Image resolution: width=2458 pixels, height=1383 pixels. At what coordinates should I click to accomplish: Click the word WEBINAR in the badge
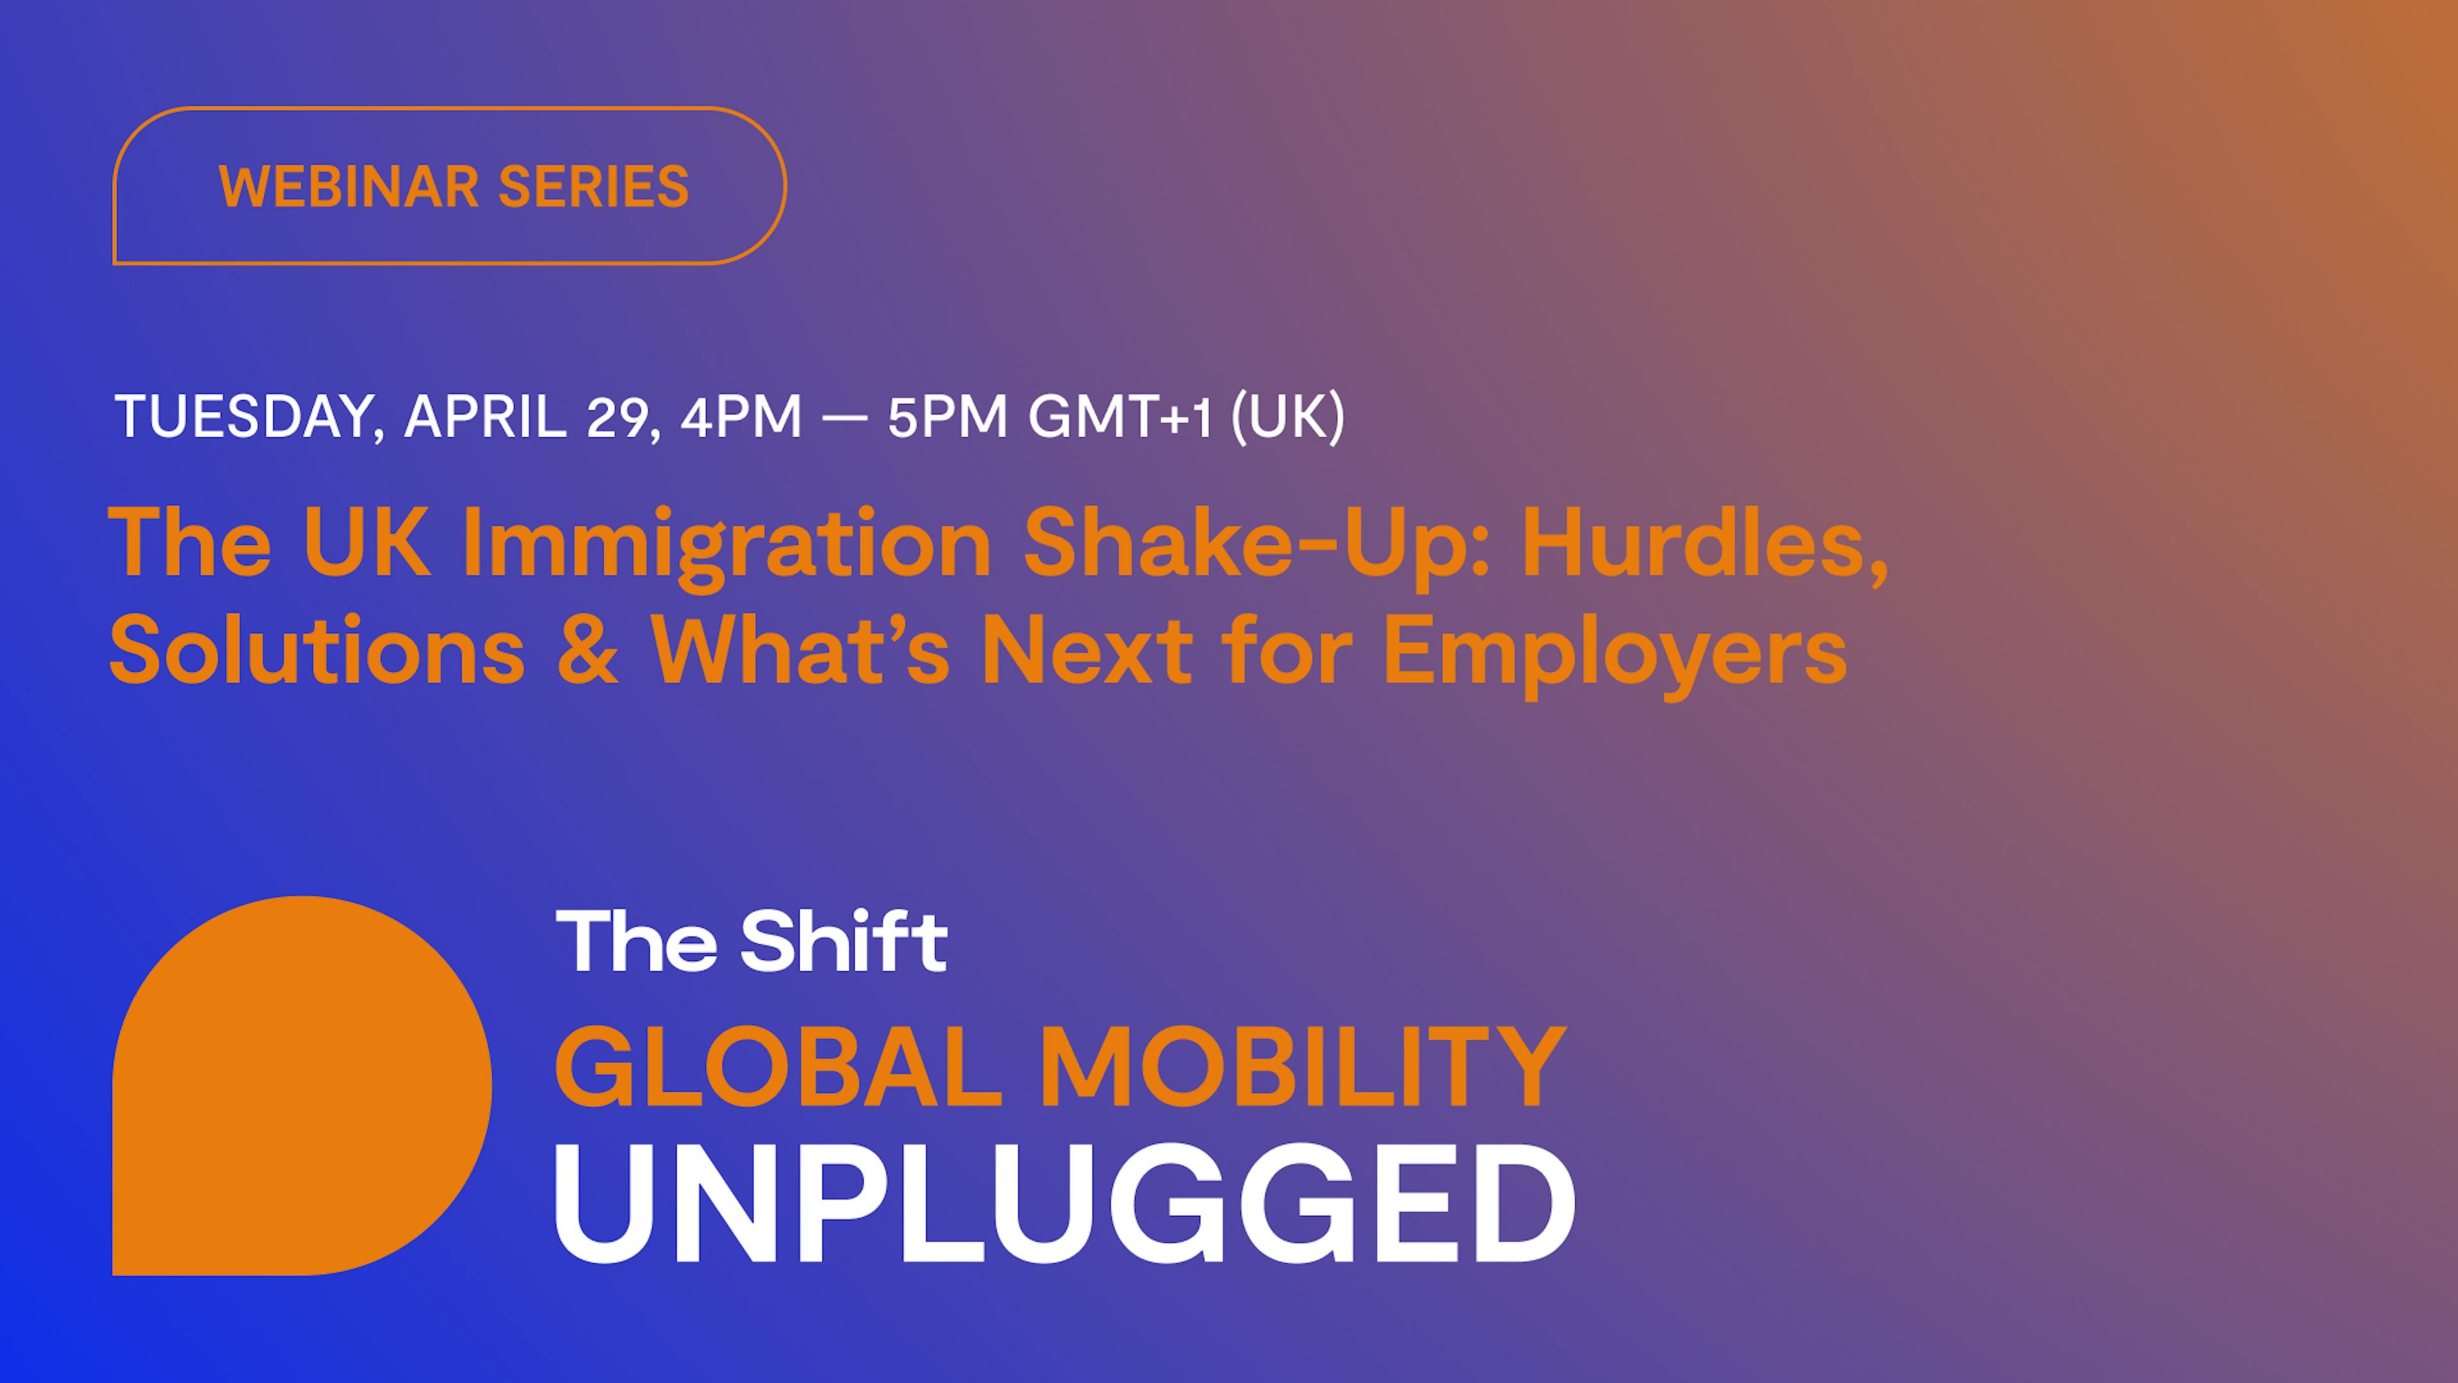tap(348, 186)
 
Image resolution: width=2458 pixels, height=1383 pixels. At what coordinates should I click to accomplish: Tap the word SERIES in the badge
tap(593, 186)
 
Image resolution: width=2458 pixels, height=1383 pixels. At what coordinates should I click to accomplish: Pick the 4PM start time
tap(741, 416)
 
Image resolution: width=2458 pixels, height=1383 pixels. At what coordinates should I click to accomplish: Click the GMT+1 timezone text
tap(1120, 416)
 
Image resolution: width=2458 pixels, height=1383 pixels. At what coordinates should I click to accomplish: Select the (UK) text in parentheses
tap(1288, 417)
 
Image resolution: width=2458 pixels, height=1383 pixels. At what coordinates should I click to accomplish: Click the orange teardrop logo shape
tap(301, 1085)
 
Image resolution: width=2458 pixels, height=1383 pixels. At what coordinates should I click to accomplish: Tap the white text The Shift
tap(751, 941)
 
